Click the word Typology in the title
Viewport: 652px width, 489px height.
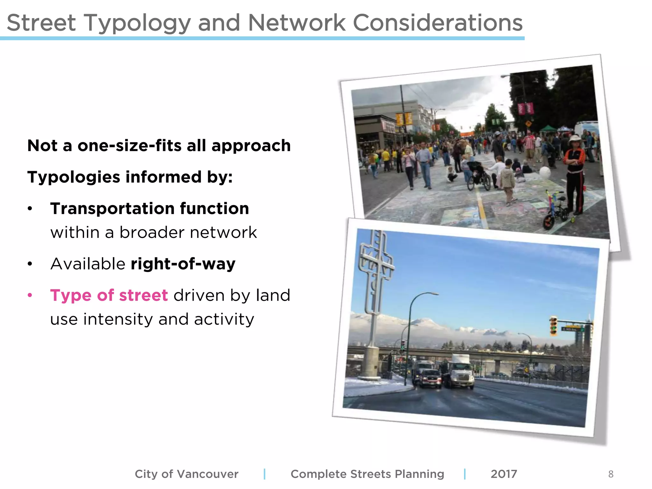(x=137, y=23)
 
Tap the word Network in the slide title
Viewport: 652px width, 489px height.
(x=297, y=23)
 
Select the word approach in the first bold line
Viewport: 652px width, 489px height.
(x=251, y=146)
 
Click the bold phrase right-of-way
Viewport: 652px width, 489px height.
(x=183, y=264)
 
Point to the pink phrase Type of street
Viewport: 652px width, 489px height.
(x=109, y=295)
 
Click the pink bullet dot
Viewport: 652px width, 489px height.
(x=30, y=295)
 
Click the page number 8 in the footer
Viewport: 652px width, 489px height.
(x=611, y=474)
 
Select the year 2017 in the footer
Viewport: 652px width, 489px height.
(x=504, y=474)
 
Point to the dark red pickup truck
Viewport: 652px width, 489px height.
(x=430, y=379)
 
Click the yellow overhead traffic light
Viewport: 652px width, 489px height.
(x=554, y=325)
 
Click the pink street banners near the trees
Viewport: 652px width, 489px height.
(x=525, y=108)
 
